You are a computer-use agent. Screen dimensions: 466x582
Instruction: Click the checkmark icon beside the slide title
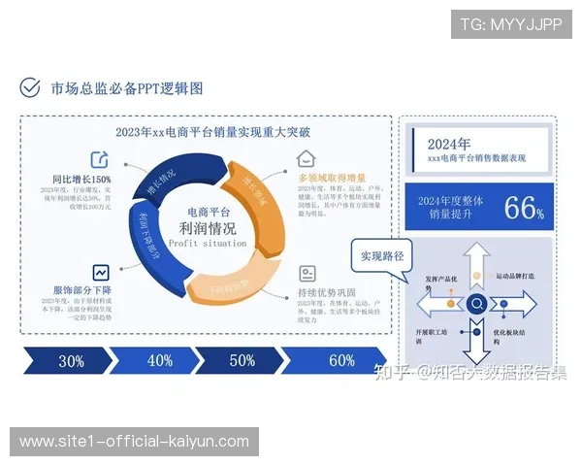click(x=30, y=88)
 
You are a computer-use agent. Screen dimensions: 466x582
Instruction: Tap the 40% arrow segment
click(x=159, y=360)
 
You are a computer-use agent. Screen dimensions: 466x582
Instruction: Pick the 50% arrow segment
click(x=242, y=360)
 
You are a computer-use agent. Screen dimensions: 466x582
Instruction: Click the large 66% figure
click(x=524, y=207)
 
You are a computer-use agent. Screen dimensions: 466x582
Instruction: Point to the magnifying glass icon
click(x=477, y=304)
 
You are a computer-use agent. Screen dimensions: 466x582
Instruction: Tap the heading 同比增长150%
click(x=82, y=180)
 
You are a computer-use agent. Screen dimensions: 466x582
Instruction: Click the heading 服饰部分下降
click(x=82, y=290)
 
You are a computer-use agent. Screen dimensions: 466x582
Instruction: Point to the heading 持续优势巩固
click(x=327, y=292)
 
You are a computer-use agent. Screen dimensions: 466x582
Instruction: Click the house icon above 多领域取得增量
click(x=307, y=158)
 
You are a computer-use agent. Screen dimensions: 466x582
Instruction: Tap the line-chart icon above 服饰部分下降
click(x=100, y=272)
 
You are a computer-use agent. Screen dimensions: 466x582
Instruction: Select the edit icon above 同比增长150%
click(x=100, y=158)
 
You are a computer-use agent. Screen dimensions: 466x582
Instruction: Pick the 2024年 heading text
click(x=448, y=143)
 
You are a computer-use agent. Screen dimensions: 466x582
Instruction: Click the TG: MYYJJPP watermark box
click(x=511, y=24)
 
